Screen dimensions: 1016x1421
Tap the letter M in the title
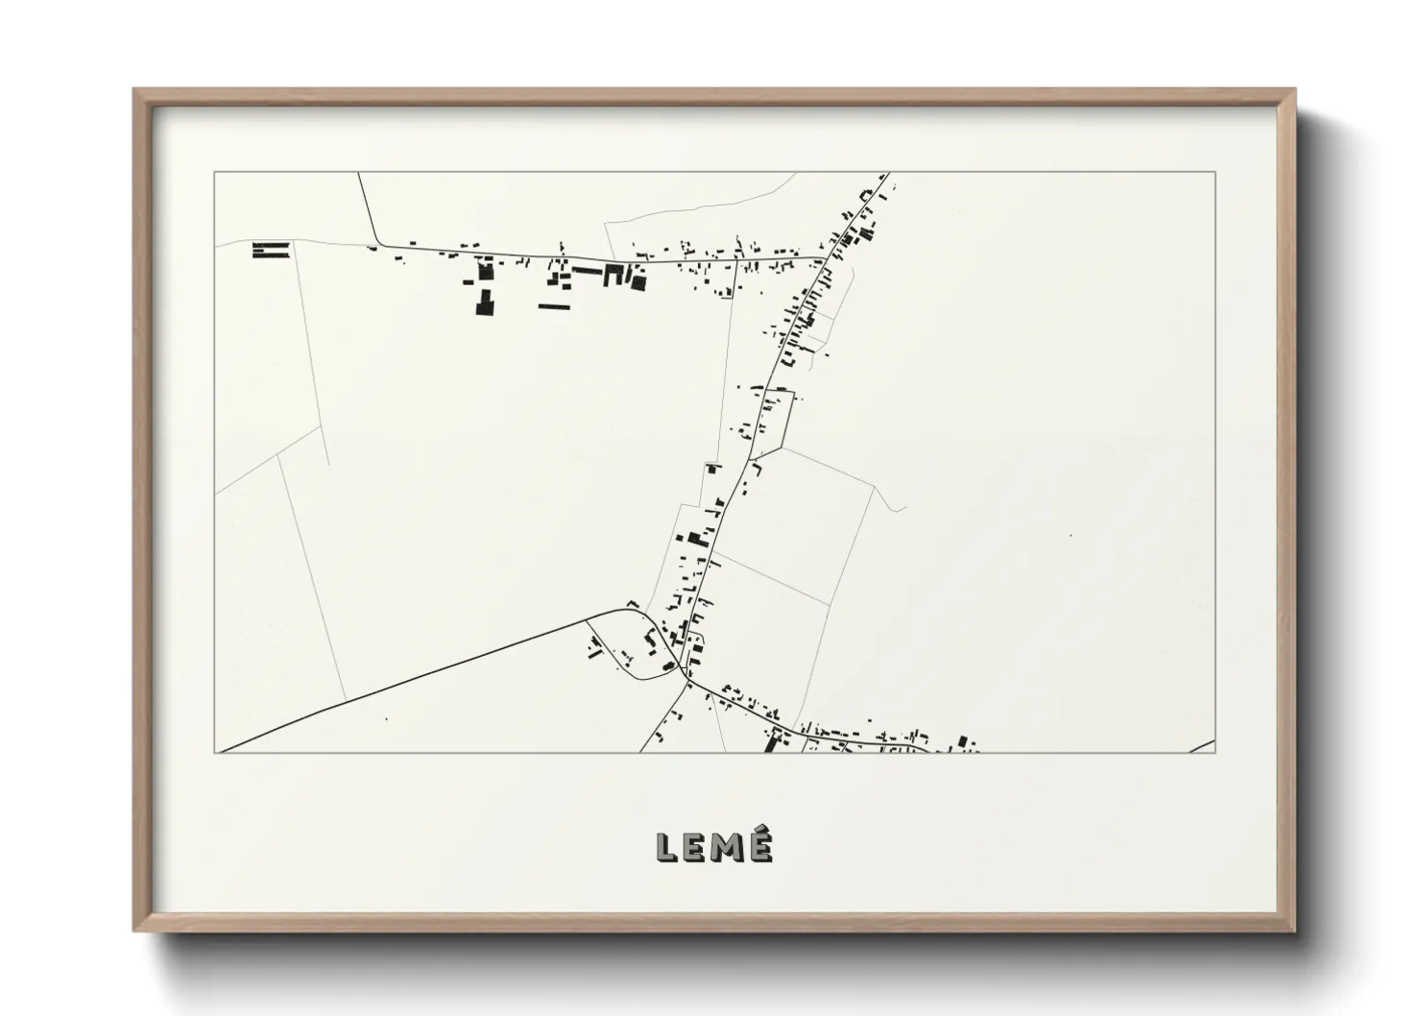(727, 846)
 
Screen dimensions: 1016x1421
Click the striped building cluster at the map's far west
(271, 250)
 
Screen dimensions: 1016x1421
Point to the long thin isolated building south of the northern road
(554, 306)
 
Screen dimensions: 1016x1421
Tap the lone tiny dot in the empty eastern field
(1069, 535)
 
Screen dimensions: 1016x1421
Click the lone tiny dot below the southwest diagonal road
(386, 718)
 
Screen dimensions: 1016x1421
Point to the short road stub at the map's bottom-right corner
(1201, 747)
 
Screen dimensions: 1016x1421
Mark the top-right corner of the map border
(1216, 172)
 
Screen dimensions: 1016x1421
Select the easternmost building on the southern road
(966, 741)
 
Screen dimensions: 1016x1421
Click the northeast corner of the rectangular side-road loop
(793, 392)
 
